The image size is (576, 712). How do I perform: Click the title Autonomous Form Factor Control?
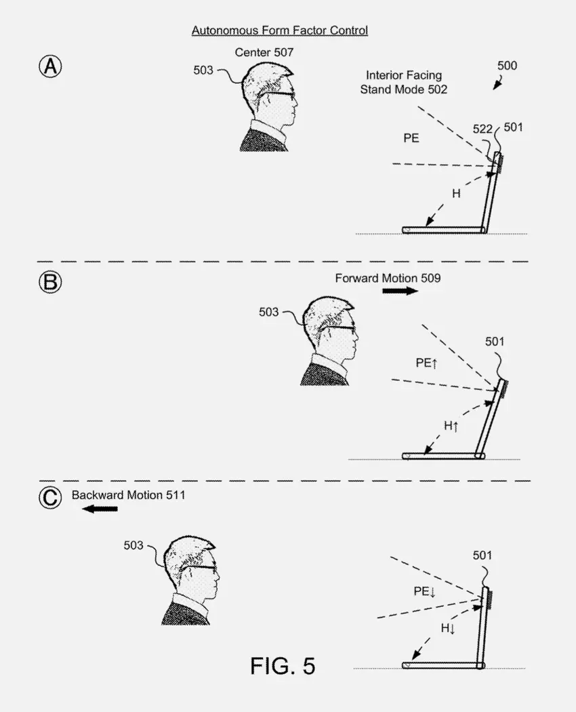280,31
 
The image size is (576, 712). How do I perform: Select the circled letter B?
50,282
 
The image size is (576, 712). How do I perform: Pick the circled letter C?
50,498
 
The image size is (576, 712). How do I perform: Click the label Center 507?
264,52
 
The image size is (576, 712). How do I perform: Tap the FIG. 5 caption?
283,665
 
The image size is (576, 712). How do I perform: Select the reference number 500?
507,66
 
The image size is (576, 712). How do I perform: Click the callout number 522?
482,129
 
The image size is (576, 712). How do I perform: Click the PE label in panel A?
411,138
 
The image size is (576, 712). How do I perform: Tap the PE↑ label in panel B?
427,363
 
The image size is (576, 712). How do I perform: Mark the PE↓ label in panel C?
425,591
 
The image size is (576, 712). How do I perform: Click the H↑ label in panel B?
451,426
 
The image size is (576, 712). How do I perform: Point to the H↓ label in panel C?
448,629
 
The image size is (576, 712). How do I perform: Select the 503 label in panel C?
133,545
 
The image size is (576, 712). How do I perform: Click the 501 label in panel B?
495,342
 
